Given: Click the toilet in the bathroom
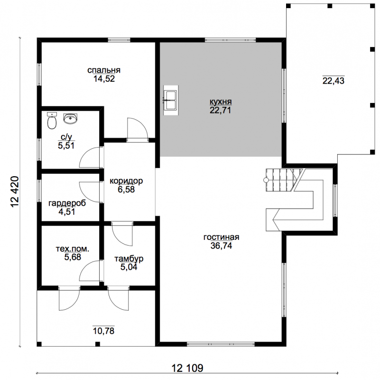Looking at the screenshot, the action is point(52,121).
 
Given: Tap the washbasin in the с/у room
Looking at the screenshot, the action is point(70,119).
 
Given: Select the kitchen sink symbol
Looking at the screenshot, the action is point(171,100).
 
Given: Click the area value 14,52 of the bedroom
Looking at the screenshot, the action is point(104,79).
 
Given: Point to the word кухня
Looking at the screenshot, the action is point(221,102).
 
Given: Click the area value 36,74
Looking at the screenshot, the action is point(221,246).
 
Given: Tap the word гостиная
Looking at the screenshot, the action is point(221,237).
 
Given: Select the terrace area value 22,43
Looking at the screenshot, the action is point(333,81).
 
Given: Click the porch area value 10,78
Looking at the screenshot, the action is point(104,331).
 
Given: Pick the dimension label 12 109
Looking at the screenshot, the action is point(187,368).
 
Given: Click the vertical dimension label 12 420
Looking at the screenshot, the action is point(15,191).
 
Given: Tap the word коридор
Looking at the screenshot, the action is point(126,181).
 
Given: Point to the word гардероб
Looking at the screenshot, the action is point(67,203).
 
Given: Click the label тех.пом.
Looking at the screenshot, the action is point(73,249).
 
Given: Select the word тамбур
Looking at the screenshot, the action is point(129,259).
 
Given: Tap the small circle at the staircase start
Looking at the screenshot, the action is point(266,180).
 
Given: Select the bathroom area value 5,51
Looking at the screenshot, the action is point(66,146).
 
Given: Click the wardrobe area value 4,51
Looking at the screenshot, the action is point(66,211).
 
